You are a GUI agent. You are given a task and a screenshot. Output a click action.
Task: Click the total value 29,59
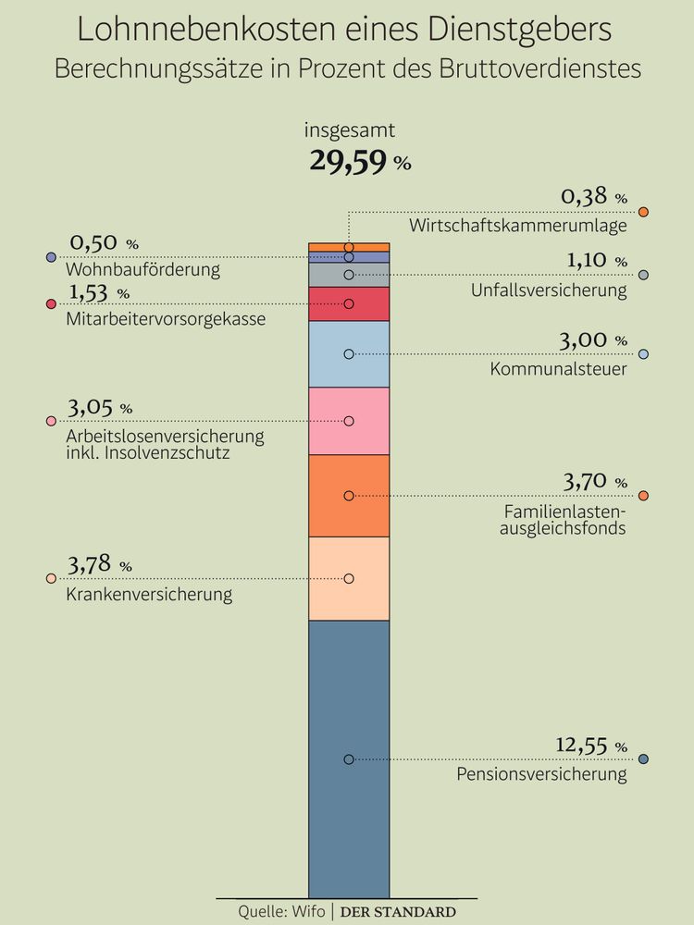click(349, 161)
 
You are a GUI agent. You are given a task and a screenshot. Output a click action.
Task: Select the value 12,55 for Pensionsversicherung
click(584, 745)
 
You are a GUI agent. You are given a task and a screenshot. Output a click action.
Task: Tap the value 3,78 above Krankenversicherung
click(92, 564)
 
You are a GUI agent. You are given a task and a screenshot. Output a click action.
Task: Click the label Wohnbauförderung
click(143, 270)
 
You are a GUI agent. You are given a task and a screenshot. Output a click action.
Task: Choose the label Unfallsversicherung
click(549, 290)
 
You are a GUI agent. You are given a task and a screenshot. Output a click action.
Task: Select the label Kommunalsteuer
click(559, 369)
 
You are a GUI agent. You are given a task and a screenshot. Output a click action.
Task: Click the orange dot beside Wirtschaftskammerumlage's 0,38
click(644, 212)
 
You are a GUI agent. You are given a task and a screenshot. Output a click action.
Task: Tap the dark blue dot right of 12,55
click(644, 759)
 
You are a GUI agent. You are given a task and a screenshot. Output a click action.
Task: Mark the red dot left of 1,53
click(51, 303)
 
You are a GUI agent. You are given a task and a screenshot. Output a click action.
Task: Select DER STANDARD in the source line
click(398, 911)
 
